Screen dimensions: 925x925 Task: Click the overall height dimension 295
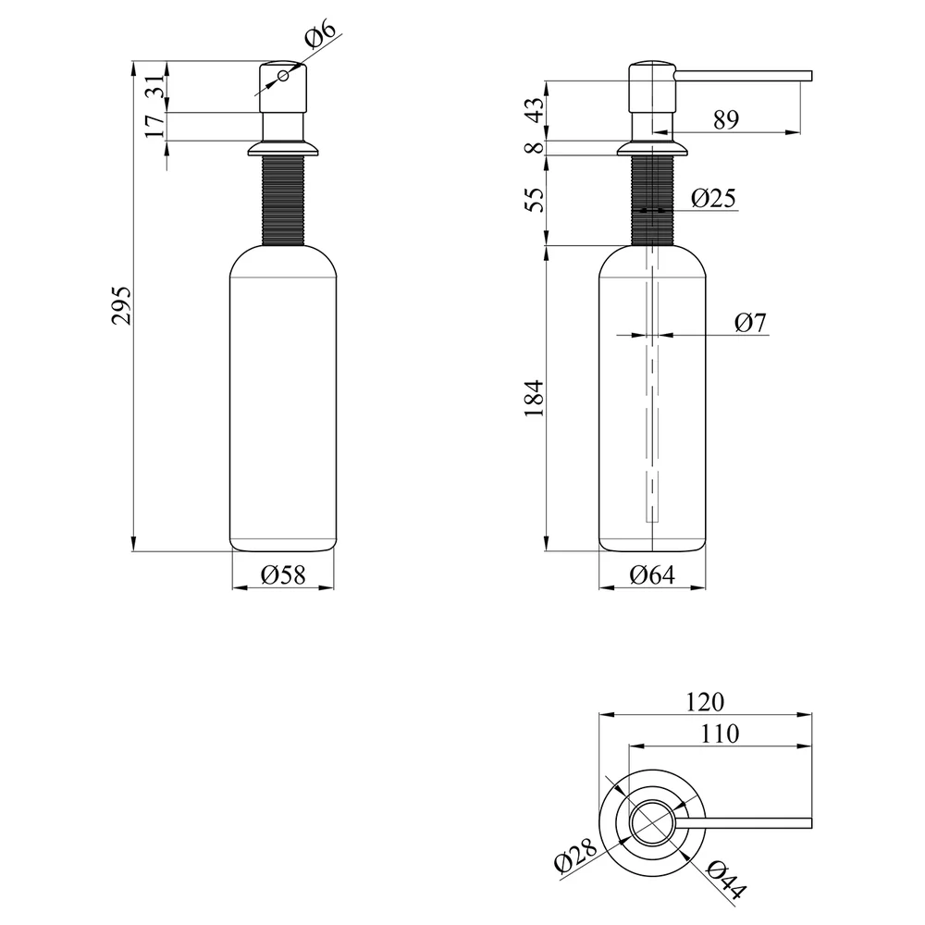[x=121, y=305]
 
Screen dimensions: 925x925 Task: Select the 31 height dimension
[x=154, y=86]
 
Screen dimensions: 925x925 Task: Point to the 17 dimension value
[x=154, y=126]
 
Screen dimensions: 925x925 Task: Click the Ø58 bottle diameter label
[x=283, y=574]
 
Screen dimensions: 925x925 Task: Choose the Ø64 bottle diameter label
[x=652, y=574]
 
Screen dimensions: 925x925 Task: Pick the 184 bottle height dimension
[x=535, y=398]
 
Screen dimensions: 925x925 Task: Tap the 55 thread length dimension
[x=535, y=200]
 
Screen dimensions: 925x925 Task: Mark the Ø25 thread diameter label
[x=713, y=198]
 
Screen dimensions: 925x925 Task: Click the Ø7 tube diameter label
[x=750, y=323]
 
